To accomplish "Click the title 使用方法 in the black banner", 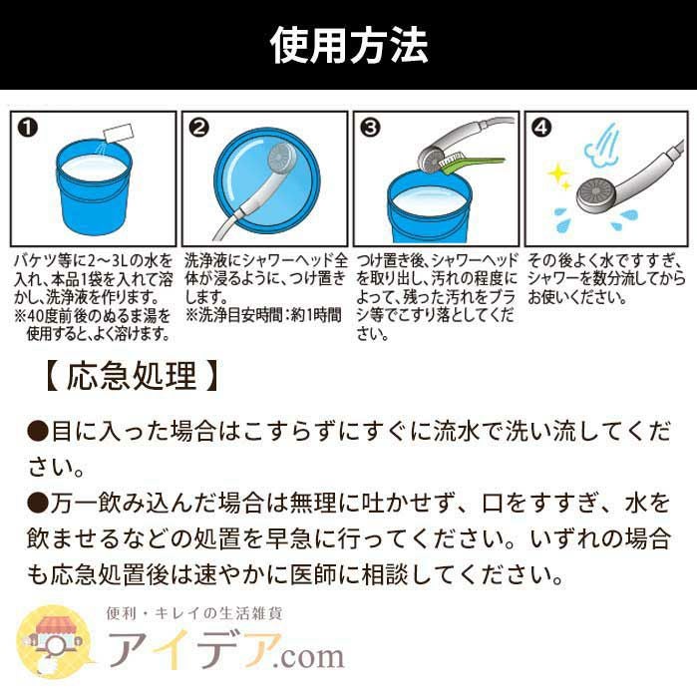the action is [349, 45].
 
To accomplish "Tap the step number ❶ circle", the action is [28, 128].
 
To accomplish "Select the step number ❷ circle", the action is [198, 128].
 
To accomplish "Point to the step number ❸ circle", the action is [370, 128].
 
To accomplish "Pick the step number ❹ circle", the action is [541, 128].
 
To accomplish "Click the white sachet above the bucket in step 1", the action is [119, 134].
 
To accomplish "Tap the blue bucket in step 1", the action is [94, 186].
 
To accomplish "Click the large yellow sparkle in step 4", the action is [556, 174].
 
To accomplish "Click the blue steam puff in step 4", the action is [601, 144].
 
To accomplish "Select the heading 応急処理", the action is [132, 376].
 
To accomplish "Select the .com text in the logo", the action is [308, 656].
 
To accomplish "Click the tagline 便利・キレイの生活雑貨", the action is [194, 614].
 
